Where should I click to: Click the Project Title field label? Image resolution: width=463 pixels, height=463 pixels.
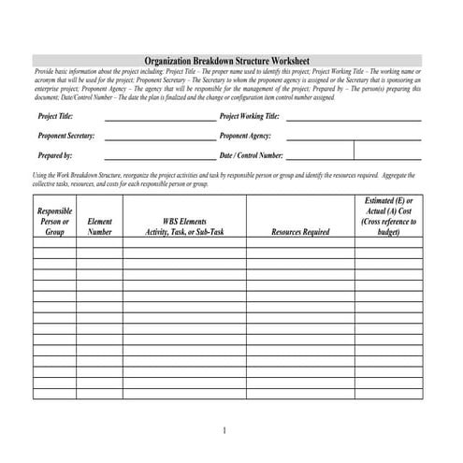tap(56, 118)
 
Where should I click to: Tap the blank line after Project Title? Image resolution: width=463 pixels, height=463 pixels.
tap(159, 121)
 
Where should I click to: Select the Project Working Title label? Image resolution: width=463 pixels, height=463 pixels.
tap(250, 118)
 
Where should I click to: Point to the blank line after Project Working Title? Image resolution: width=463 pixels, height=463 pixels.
tap(354, 121)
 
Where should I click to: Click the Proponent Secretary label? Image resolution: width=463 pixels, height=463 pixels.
tap(66, 137)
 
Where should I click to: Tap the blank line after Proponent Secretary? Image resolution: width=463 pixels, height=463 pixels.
tap(159, 139)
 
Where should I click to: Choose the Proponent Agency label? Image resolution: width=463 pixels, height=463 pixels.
tap(246, 137)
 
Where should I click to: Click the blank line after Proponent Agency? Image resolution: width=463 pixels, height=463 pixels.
tap(354, 139)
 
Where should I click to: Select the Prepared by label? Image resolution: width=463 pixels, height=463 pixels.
tap(55, 155)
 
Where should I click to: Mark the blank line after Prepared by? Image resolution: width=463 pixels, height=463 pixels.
tap(159, 158)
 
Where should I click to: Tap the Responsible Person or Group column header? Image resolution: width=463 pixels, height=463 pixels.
tap(53, 221)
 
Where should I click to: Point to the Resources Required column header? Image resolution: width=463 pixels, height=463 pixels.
tap(300, 231)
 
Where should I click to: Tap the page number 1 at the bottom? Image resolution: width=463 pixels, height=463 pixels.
tap(225, 430)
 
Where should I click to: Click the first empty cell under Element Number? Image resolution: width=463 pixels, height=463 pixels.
tap(99, 242)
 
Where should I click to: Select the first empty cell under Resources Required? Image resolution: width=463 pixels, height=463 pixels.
tap(300, 242)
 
